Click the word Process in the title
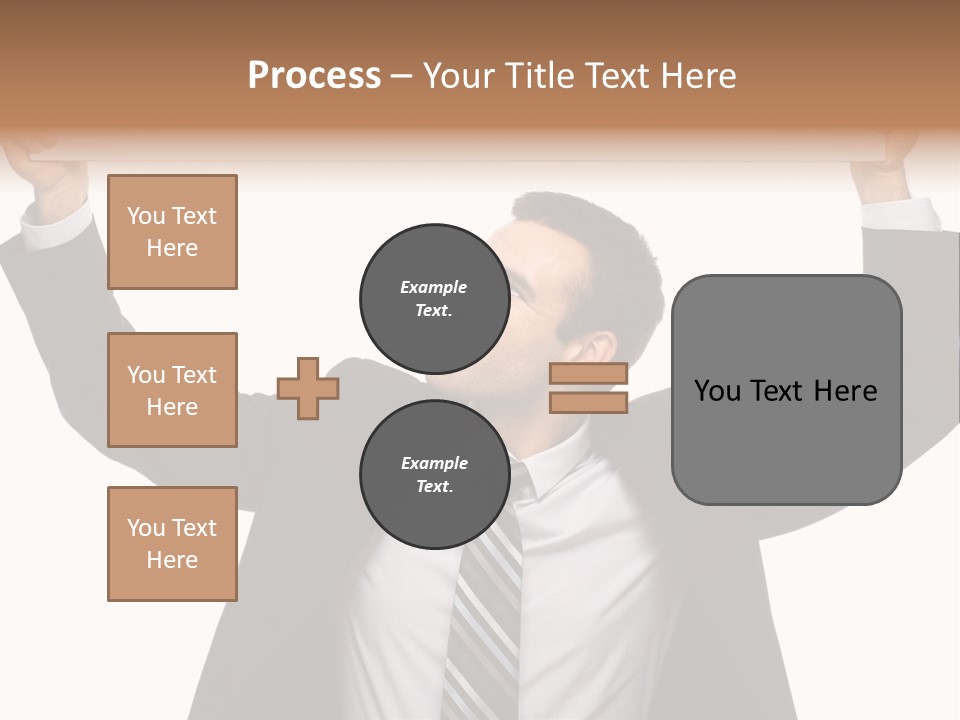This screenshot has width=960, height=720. (x=314, y=76)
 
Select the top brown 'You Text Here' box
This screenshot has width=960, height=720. (x=172, y=232)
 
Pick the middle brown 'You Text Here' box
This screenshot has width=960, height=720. (x=172, y=390)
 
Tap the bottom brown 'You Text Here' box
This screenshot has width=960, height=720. (x=172, y=544)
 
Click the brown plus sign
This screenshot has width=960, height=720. (x=308, y=388)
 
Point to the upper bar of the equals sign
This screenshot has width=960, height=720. (x=588, y=373)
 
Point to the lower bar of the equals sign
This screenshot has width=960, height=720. (x=588, y=402)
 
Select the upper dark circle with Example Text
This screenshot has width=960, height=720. (x=434, y=298)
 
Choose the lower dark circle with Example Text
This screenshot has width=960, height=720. (x=434, y=474)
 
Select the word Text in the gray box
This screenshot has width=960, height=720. (x=783, y=391)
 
